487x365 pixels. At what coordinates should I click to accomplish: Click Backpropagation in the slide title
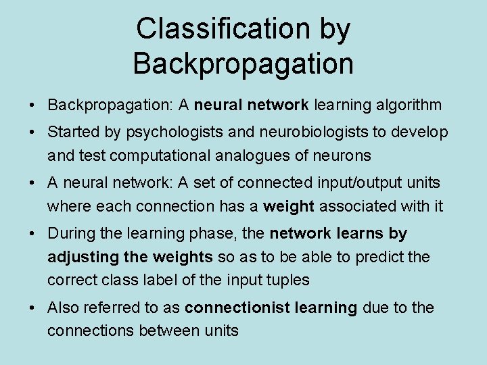coord(243,64)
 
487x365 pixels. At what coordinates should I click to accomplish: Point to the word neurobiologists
coord(298,132)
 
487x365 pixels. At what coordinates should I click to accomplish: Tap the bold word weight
coord(289,206)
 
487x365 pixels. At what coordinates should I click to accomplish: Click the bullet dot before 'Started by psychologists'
coord(32,132)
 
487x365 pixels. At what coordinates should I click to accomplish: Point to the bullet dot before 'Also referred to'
coord(32,308)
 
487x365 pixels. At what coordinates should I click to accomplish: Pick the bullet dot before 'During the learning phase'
coord(32,234)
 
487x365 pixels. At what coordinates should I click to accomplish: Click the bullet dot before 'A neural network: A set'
coord(32,183)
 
